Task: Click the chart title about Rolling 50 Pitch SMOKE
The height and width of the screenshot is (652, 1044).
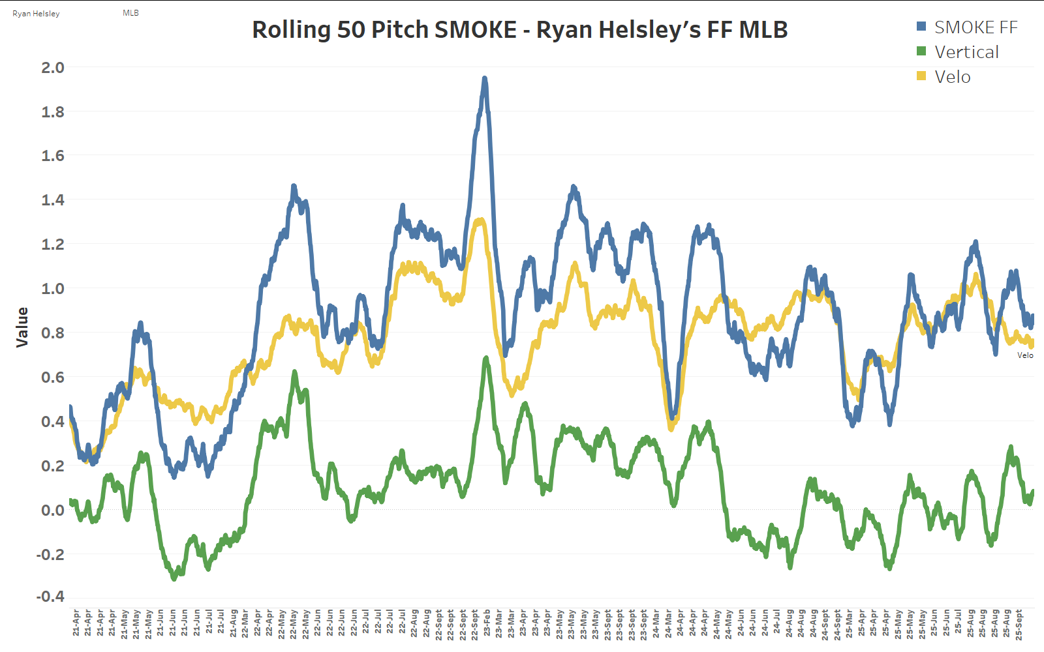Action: pyautogui.click(x=520, y=30)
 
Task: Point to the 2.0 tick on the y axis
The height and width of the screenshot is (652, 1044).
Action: pyautogui.click(x=52, y=68)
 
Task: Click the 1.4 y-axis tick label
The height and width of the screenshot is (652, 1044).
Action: pyautogui.click(x=52, y=200)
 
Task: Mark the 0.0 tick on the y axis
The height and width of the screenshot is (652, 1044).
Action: pyautogui.click(x=52, y=510)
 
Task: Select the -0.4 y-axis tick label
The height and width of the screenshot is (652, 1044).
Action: pyautogui.click(x=50, y=597)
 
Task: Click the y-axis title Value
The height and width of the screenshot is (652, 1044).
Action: pyautogui.click(x=22, y=327)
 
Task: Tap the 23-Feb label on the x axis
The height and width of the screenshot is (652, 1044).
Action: pyautogui.click(x=487, y=623)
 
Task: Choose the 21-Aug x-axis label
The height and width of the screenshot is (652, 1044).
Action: pyautogui.click(x=233, y=623)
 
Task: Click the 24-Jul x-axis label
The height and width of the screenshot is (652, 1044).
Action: pyautogui.click(x=776, y=623)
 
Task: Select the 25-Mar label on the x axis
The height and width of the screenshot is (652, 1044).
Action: pyautogui.click(x=849, y=623)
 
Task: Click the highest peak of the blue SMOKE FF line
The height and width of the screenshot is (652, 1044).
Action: pyautogui.click(x=484, y=79)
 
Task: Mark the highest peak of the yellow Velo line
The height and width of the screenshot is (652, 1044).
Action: pyautogui.click(x=481, y=220)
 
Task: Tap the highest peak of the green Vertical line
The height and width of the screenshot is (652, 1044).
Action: pyautogui.click(x=485, y=359)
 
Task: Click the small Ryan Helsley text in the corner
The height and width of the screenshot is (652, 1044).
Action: pyautogui.click(x=36, y=14)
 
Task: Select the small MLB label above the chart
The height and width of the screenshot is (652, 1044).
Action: pyautogui.click(x=130, y=13)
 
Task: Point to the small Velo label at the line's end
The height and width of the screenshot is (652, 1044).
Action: pyautogui.click(x=1025, y=355)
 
